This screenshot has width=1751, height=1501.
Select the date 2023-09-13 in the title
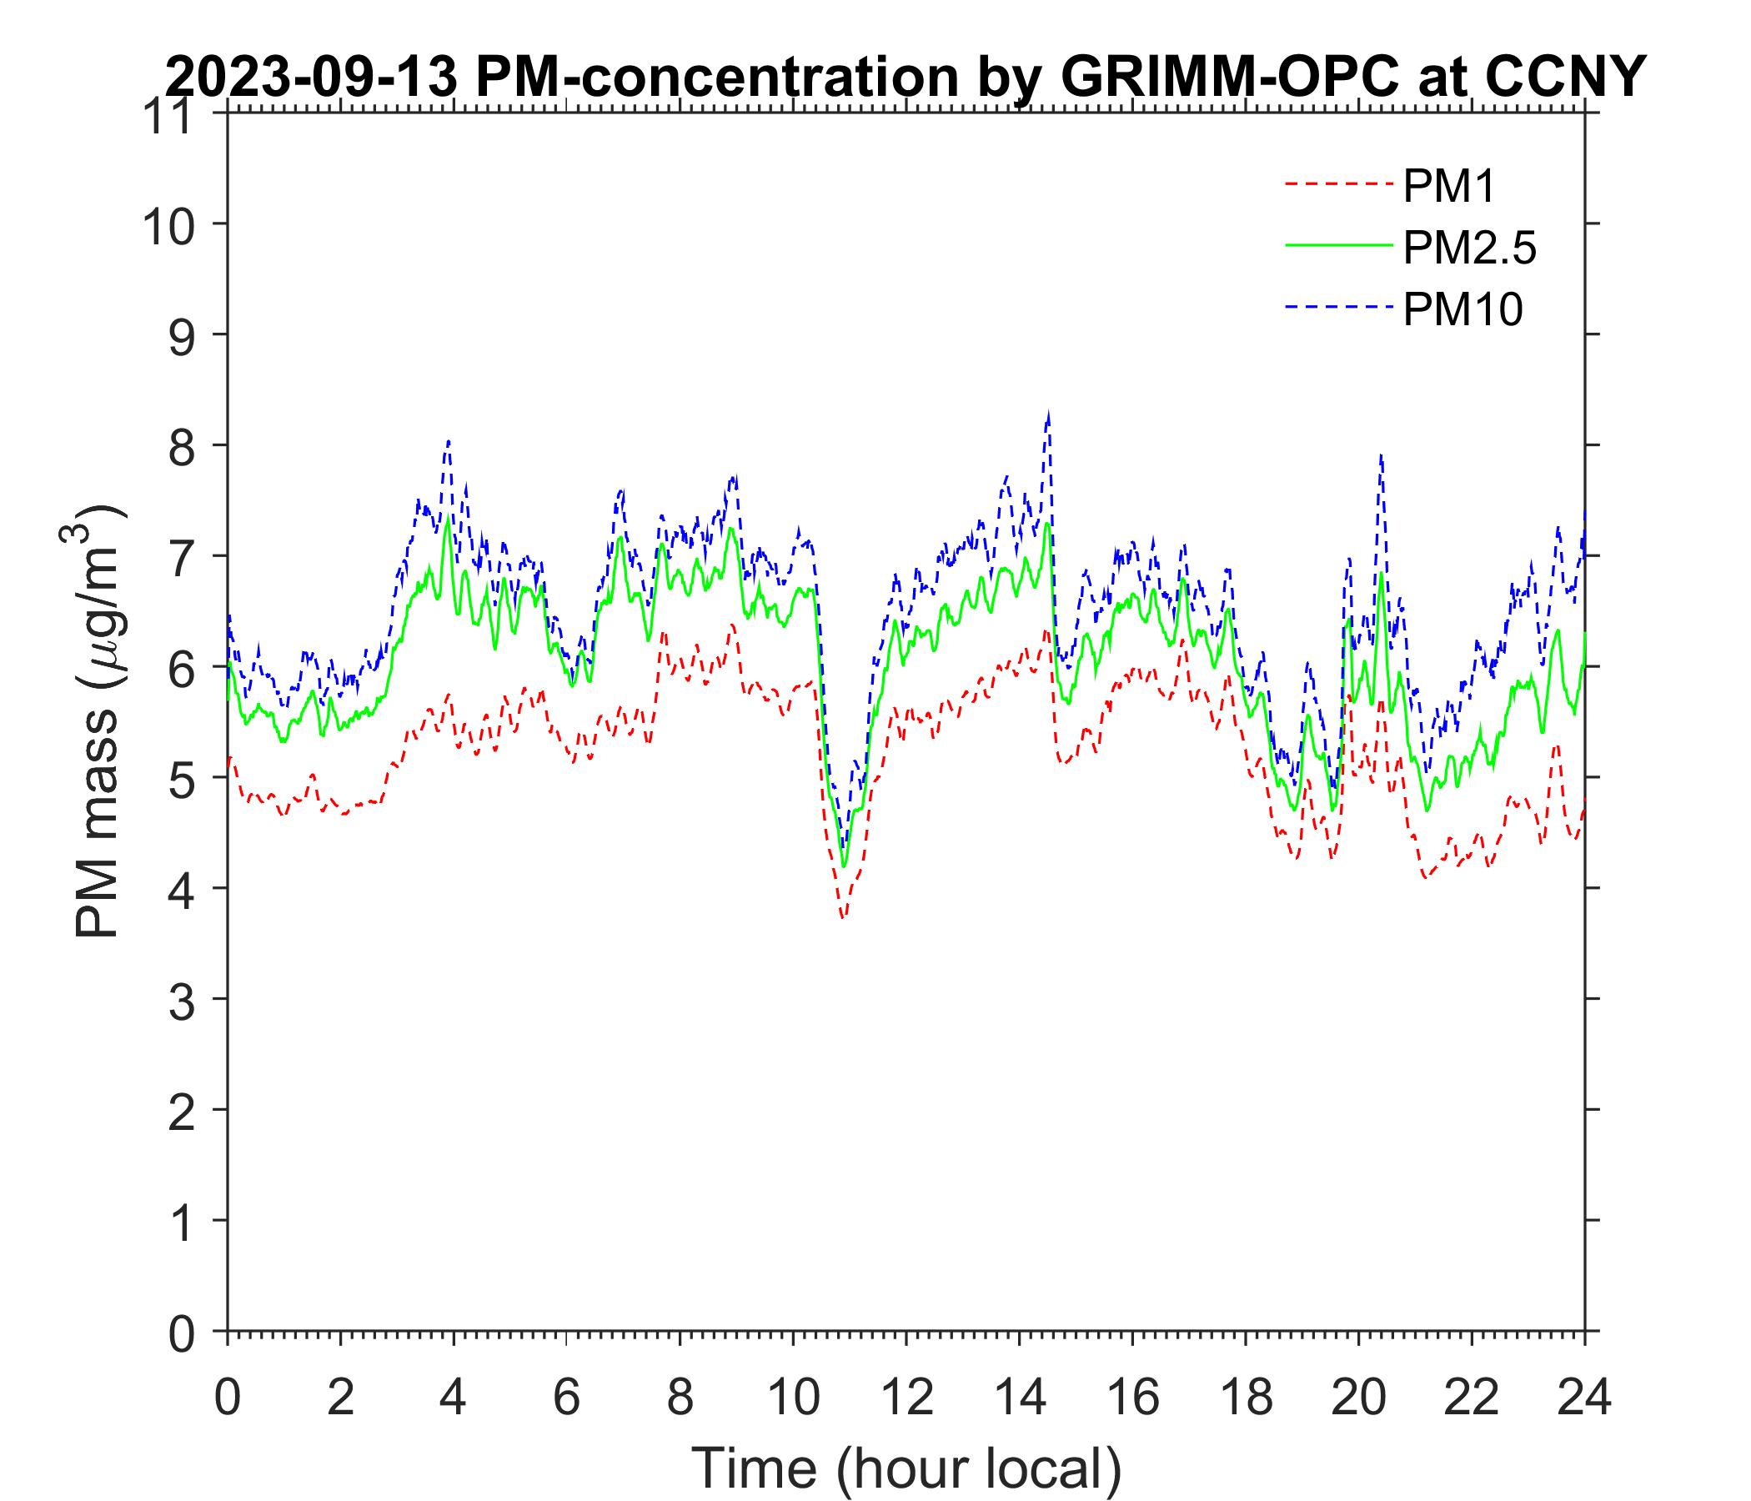(x=313, y=78)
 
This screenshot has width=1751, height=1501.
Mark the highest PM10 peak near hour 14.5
(x=1049, y=415)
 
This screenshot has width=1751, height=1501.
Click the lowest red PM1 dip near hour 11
(x=842, y=917)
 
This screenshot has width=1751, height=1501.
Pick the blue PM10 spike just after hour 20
(x=1380, y=456)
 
